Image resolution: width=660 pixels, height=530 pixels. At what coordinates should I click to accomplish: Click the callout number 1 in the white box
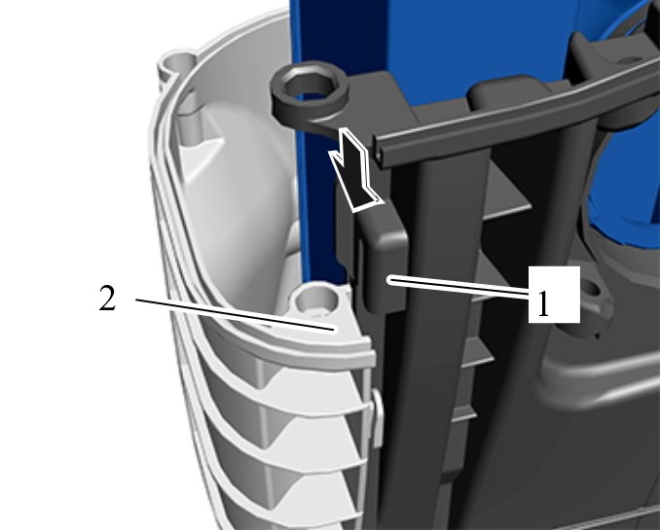[x=543, y=303]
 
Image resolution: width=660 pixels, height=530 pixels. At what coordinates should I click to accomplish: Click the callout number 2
[x=107, y=298]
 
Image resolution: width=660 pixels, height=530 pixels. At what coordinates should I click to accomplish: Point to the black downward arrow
[x=354, y=171]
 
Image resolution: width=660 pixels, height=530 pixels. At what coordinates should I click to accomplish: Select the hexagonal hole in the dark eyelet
[x=308, y=87]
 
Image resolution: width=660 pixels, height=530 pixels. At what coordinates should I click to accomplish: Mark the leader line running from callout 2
[x=236, y=315]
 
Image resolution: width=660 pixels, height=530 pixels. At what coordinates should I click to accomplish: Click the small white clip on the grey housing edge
[x=377, y=418]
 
